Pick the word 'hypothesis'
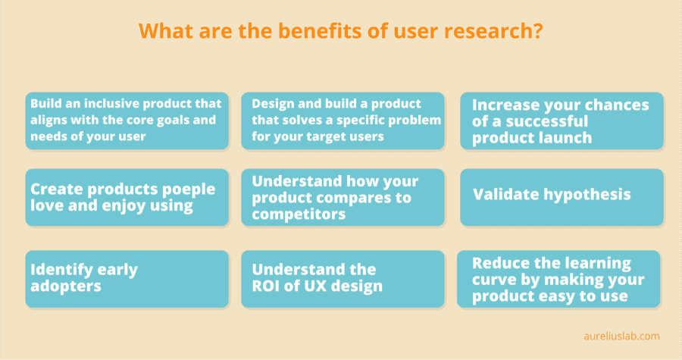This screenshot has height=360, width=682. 589,194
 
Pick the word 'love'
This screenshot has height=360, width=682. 48,206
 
